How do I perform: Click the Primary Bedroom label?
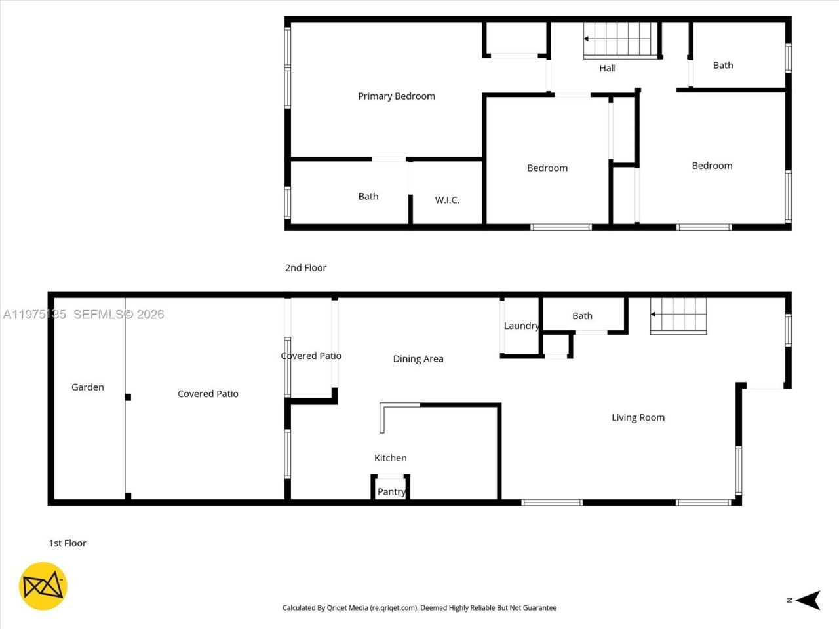coord(397,96)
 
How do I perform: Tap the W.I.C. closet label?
coord(447,200)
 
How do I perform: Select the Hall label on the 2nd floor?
coord(608,68)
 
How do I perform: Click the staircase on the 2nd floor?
coord(620,40)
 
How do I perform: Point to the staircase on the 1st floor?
coord(679,316)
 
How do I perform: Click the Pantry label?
coord(391,492)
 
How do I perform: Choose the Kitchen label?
coord(391,458)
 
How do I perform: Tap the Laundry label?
coord(521,326)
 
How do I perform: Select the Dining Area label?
coord(418,358)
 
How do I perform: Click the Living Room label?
coord(638,417)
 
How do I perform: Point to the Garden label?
coord(88,387)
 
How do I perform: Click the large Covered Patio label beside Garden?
coord(208,394)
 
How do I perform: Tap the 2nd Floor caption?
coord(305,267)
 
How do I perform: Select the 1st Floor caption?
coord(68,543)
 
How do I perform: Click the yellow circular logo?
coord(43,586)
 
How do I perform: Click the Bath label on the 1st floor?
coord(582,316)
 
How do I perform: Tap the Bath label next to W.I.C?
coord(368,196)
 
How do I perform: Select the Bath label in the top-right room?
coord(723,65)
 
